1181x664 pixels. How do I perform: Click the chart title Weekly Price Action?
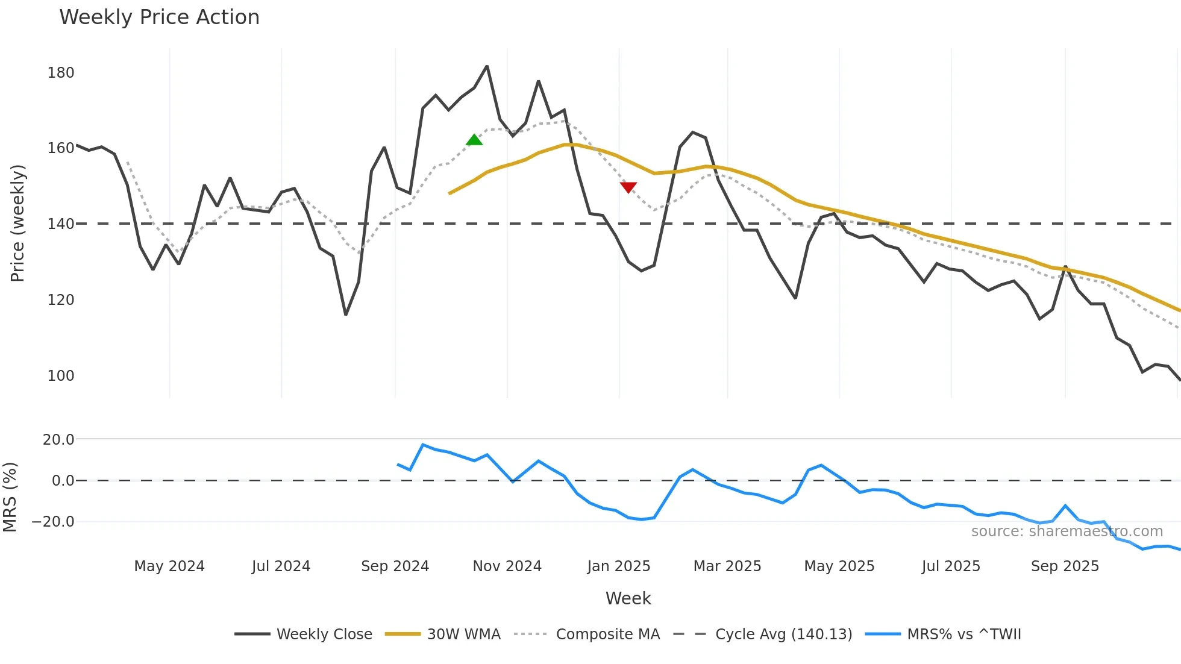click(x=159, y=17)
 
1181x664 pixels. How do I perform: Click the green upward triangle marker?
click(x=474, y=140)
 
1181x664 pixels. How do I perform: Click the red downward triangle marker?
click(x=628, y=187)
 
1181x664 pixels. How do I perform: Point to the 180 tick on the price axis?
click(x=60, y=73)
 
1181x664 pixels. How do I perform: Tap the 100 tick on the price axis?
click(x=60, y=376)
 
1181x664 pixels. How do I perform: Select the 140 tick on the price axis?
click(x=60, y=224)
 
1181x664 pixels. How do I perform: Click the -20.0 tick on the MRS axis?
click(x=53, y=522)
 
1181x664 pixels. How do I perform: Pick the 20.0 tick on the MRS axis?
click(x=58, y=440)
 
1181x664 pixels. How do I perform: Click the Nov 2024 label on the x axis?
click(x=507, y=566)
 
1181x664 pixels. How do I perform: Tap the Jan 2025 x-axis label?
click(x=619, y=566)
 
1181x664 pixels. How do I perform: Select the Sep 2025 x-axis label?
click(x=1065, y=566)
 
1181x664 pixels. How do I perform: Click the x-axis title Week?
click(x=628, y=598)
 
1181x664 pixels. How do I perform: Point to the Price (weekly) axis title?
click(x=17, y=223)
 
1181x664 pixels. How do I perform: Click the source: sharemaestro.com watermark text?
click(x=1067, y=531)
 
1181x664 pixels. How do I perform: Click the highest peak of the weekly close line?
click(x=487, y=66)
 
